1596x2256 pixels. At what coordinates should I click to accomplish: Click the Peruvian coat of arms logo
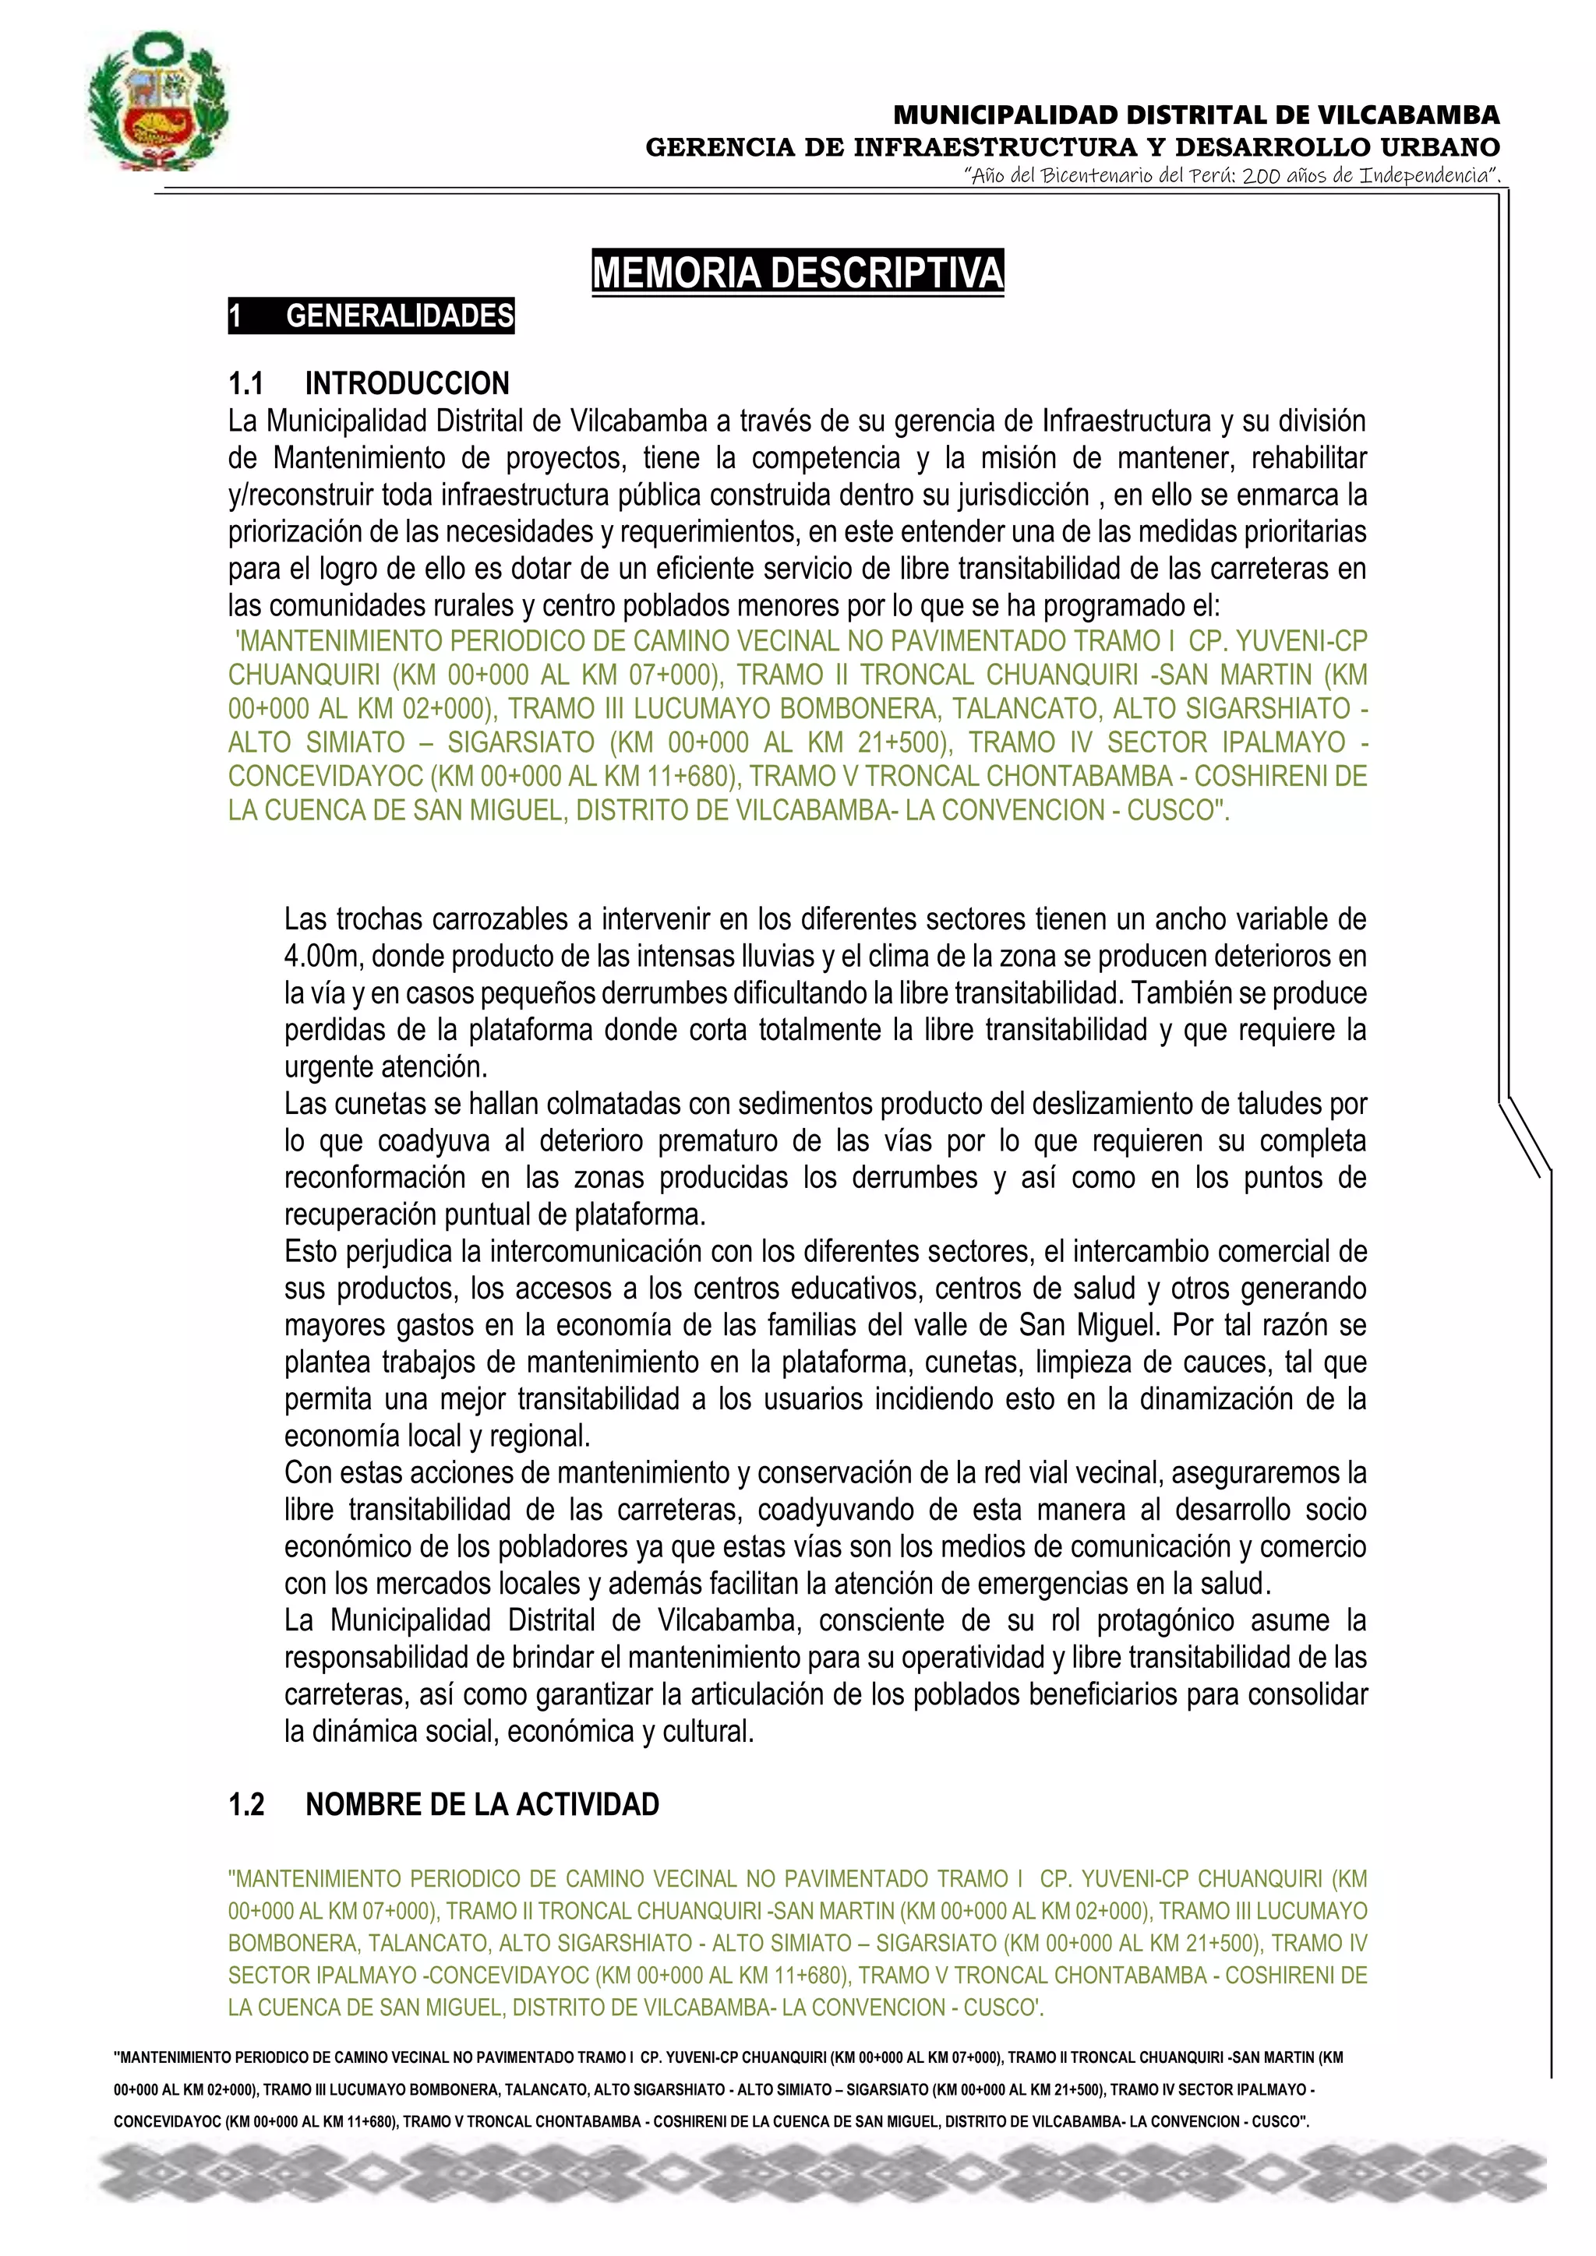click(158, 103)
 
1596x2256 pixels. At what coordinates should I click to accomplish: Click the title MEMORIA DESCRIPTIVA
click(797, 272)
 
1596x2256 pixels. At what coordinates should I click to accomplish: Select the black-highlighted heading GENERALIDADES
click(400, 316)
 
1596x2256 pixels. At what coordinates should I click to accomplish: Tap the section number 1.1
click(245, 383)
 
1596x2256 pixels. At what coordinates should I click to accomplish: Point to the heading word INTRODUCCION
click(407, 383)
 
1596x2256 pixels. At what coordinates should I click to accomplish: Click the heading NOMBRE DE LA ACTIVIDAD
click(482, 1804)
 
